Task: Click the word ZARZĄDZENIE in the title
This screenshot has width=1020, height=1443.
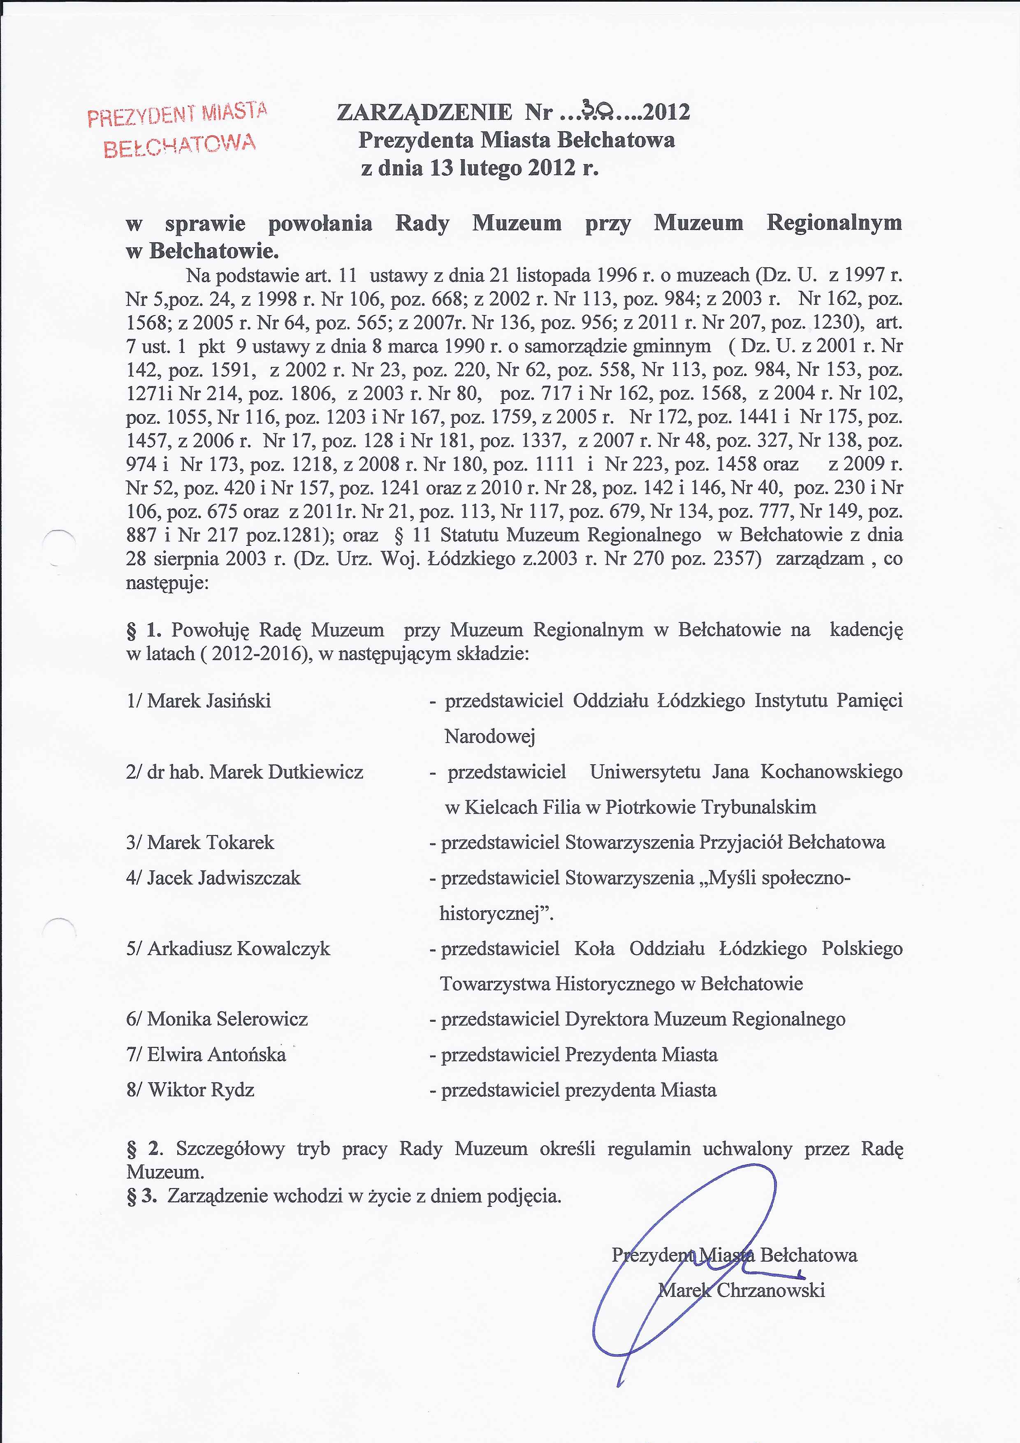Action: (425, 112)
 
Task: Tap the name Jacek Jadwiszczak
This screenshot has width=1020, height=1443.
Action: (224, 877)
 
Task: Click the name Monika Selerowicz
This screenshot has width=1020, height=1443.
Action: (227, 1019)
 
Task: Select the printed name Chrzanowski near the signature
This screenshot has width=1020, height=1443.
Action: (770, 1290)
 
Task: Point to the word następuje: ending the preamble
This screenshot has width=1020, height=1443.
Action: (167, 582)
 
